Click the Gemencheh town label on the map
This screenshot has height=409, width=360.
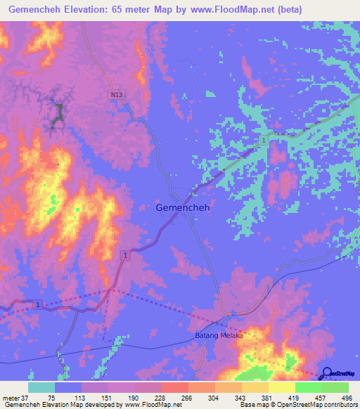(182, 208)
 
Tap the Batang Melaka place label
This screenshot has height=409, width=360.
(219, 336)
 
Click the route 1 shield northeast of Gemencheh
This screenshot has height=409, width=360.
(264, 141)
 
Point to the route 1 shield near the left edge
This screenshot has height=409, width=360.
(38, 304)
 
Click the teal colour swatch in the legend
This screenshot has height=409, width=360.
(41, 387)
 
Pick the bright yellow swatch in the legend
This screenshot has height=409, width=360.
(282, 387)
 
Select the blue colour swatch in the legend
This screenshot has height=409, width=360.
(68, 387)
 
